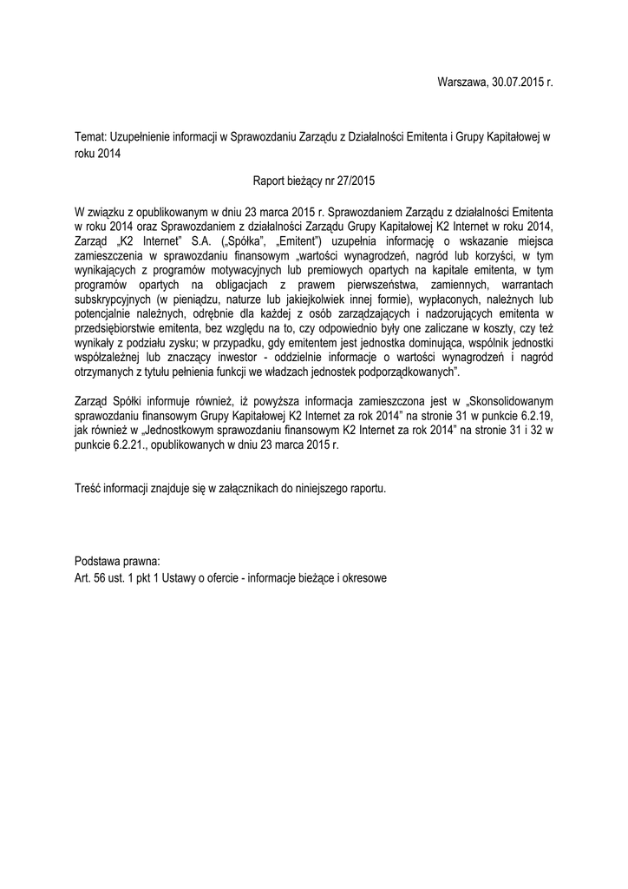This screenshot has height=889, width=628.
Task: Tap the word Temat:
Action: point(91,137)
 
